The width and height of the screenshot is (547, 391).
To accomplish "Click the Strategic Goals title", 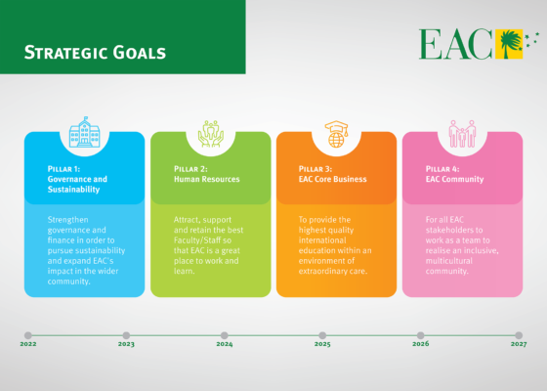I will point(95,52).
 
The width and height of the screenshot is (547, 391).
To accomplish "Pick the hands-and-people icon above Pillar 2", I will point(210,134).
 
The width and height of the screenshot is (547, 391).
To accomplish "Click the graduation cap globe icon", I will point(336,134).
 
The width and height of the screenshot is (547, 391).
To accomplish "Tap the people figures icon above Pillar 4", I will point(462,134).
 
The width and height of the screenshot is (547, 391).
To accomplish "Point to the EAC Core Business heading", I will point(332,179).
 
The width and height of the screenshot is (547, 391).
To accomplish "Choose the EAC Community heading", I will point(455,179).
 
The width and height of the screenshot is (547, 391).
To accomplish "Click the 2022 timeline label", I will point(28,345).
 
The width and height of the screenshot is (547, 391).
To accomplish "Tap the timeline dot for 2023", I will point(126,335).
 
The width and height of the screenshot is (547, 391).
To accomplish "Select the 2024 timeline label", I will point(225,345).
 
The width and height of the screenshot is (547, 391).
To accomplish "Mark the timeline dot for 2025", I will point(322,335).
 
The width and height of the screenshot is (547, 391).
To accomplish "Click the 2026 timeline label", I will point(420,345).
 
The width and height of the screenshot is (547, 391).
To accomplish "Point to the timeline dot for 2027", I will point(518,335).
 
